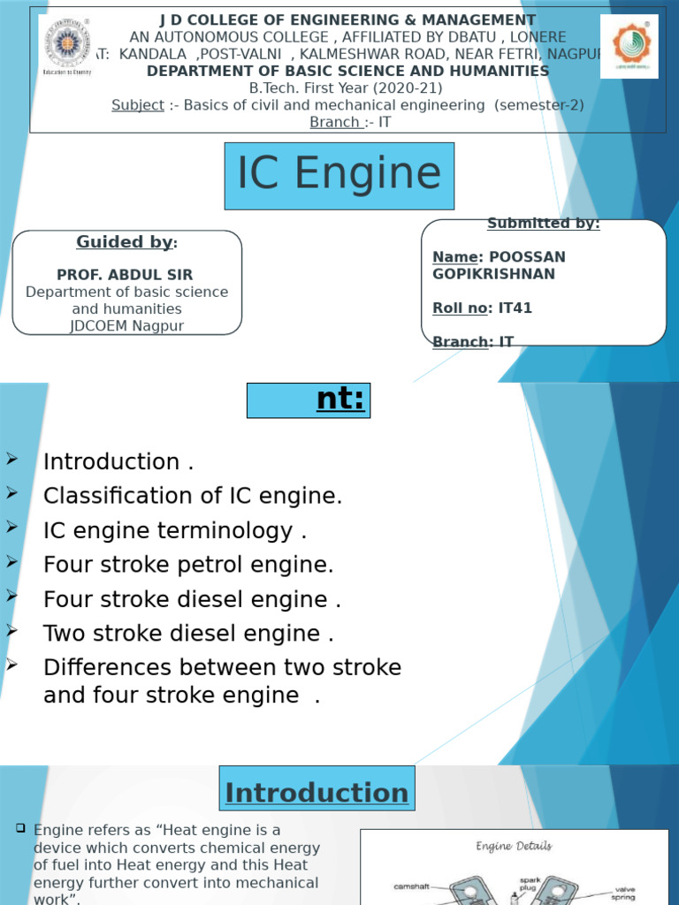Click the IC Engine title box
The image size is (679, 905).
339,174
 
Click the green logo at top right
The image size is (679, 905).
629,47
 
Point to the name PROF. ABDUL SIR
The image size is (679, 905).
125,274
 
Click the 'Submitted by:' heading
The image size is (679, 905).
543,224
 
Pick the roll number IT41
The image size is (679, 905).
515,308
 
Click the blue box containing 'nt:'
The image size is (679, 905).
308,400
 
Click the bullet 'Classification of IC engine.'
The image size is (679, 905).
192,496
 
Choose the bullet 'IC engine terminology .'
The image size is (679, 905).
175,530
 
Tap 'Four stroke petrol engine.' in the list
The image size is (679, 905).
188,565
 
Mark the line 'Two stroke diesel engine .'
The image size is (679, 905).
188,634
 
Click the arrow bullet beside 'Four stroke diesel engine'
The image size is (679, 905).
12,596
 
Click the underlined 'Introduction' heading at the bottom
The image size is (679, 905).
317,793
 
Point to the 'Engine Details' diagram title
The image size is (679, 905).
514,846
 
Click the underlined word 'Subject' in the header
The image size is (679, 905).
137,105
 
